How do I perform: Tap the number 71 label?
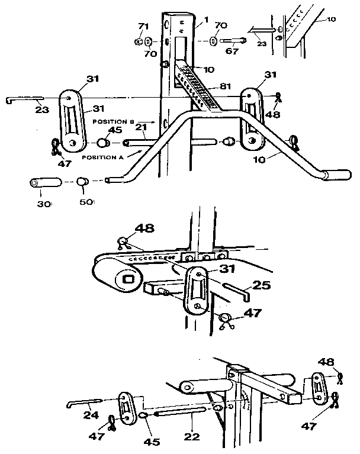click(x=142, y=27)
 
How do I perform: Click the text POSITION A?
click(x=104, y=157)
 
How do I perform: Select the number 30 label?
click(x=44, y=202)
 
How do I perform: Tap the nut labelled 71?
click(x=137, y=41)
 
